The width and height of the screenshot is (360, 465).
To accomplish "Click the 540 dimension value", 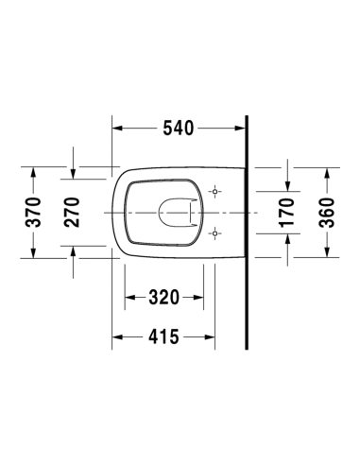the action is [178, 129].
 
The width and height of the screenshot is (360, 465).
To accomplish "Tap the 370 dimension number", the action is [33, 213].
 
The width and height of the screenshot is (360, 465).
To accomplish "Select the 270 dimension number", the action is [72, 213].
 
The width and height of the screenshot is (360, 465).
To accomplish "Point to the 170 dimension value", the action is [287, 213].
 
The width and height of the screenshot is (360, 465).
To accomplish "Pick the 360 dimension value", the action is [327, 213].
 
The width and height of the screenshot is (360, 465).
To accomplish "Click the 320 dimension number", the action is [163, 298].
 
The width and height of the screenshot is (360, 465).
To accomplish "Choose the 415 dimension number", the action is [163, 336].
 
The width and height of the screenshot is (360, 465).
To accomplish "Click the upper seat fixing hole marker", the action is [215, 192].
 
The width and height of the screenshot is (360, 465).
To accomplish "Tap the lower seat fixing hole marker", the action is [215, 233].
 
